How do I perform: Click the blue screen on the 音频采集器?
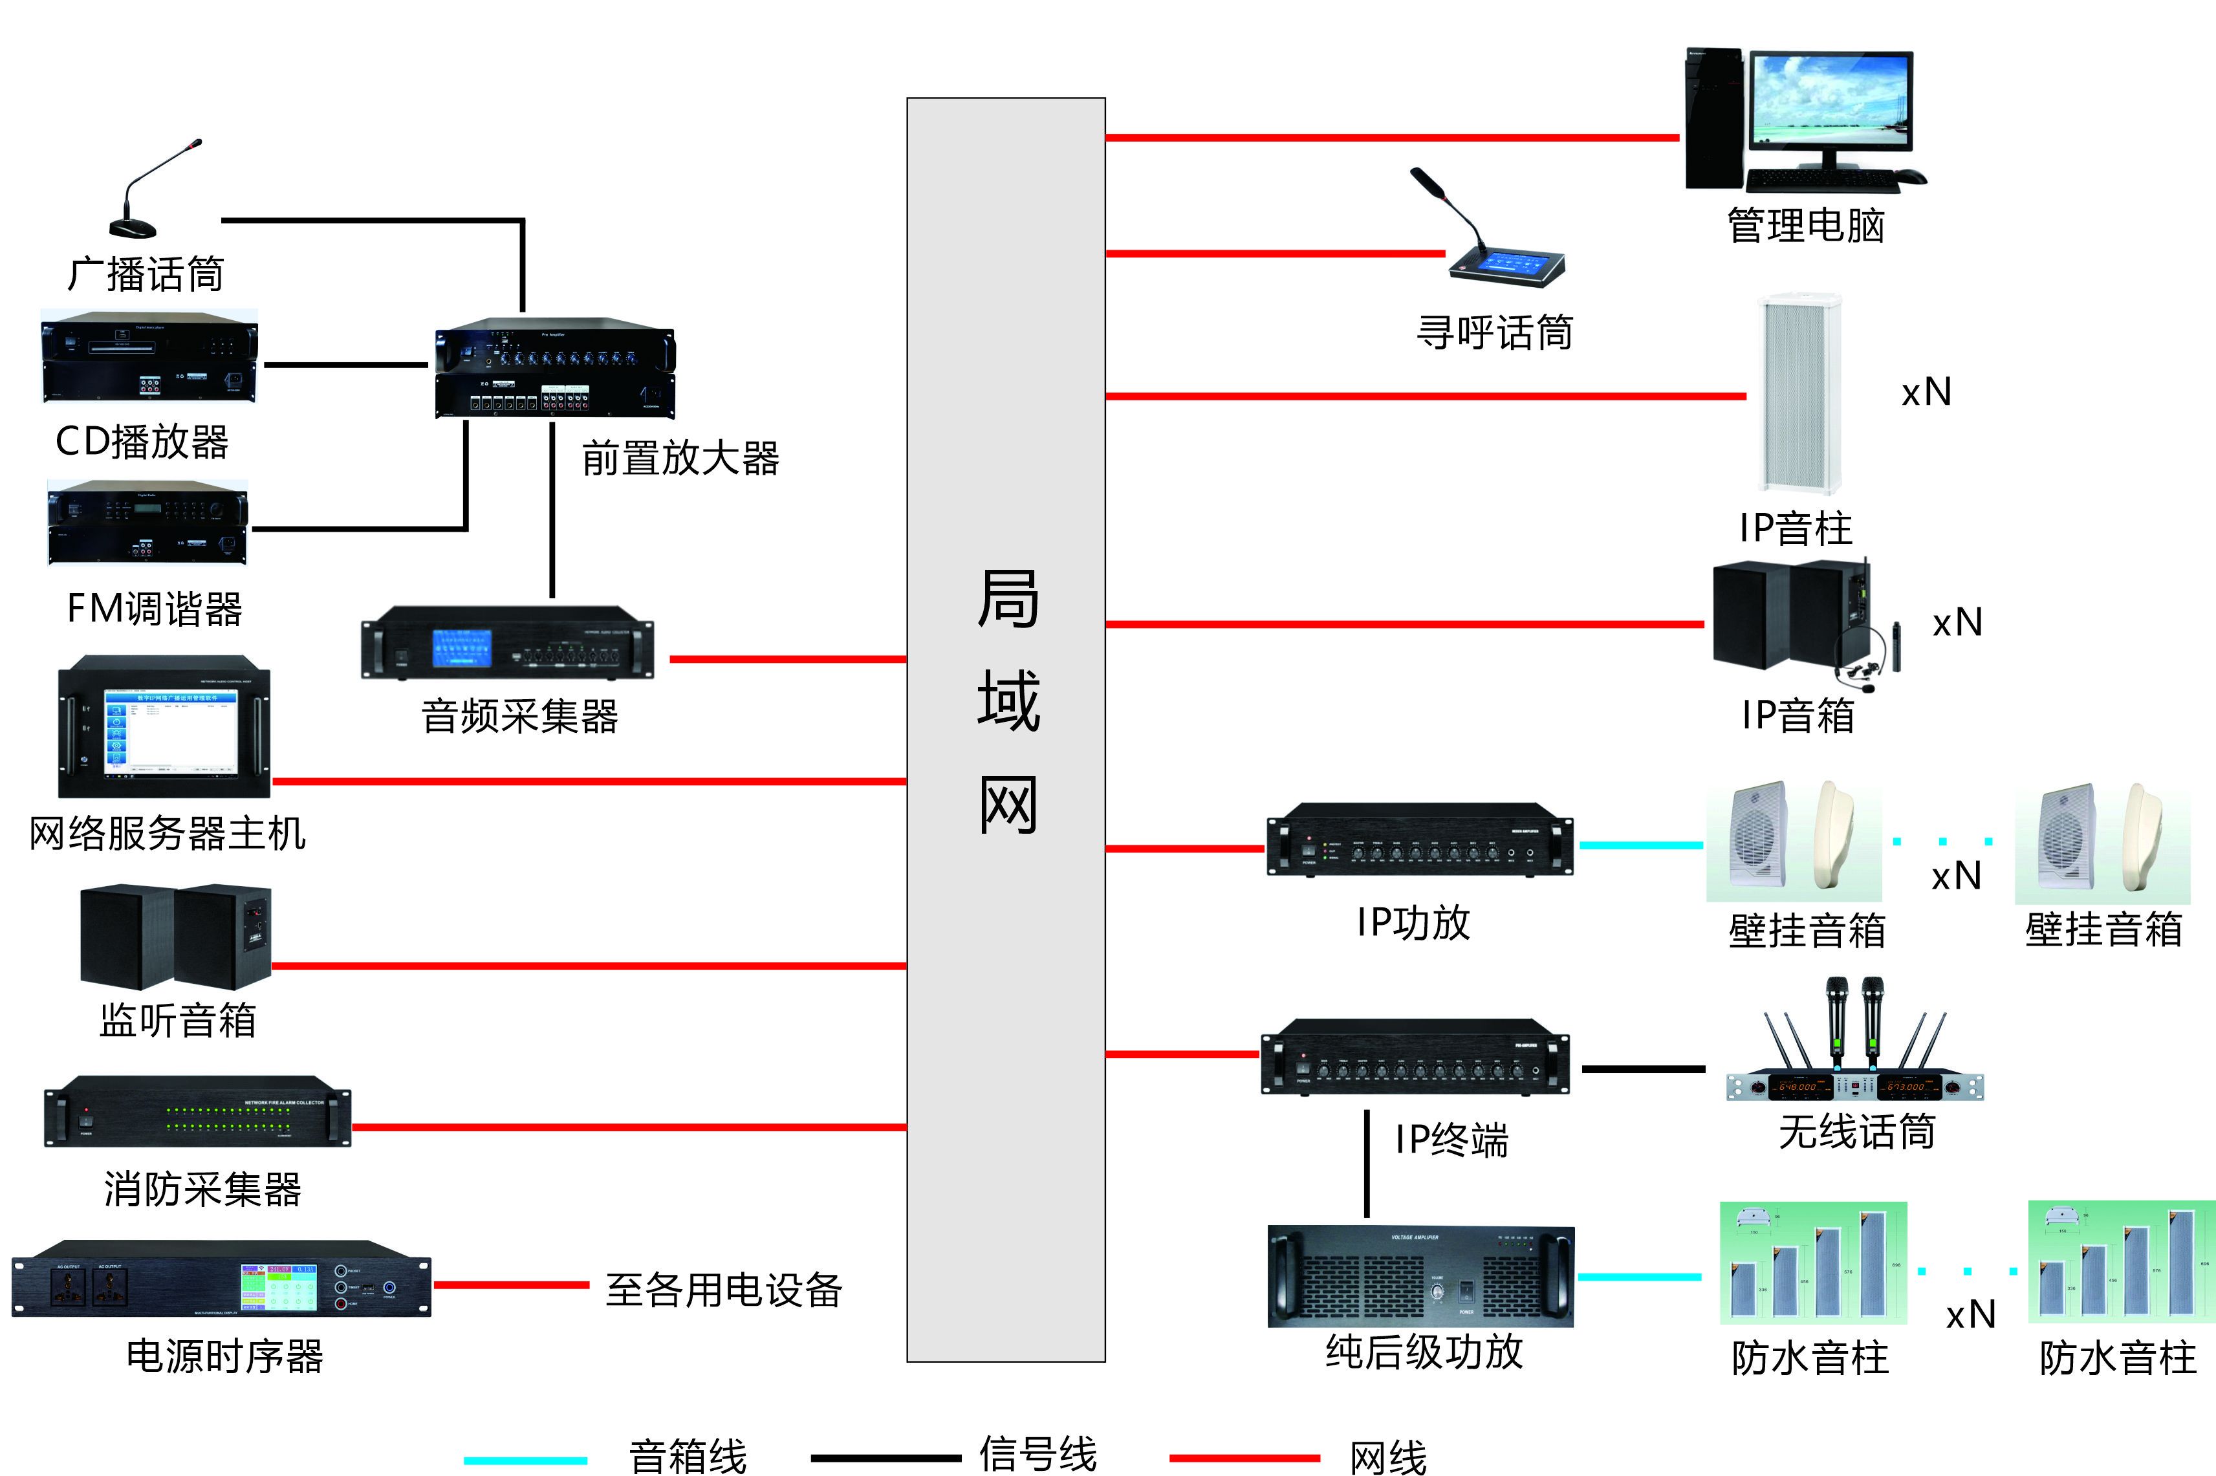[461, 647]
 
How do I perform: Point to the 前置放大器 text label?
[680, 459]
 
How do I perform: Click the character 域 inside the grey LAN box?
[1007, 700]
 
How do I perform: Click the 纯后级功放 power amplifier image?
[1420, 1275]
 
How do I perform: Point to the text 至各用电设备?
[723, 1290]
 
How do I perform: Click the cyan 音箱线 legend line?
[525, 1460]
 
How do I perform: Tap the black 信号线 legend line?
[885, 1458]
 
